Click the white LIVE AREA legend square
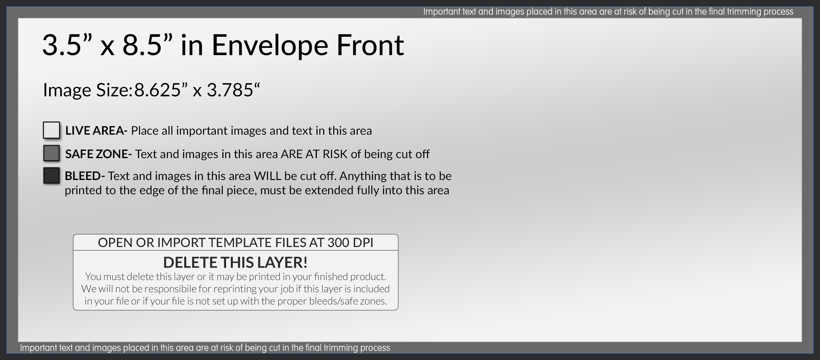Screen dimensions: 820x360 point(51,130)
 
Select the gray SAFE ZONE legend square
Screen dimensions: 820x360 point(51,153)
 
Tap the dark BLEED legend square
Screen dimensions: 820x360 point(51,175)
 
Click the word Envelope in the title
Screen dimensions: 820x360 point(270,46)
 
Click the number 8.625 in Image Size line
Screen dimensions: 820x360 point(157,90)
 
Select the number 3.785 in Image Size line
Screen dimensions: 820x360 point(230,90)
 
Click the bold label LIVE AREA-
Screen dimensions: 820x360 point(96,131)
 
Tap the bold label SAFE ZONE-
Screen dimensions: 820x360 point(98,154)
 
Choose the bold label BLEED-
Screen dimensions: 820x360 point(85,176)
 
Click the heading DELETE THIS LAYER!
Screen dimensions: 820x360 point(235,262)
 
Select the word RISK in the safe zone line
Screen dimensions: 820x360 point(335,154)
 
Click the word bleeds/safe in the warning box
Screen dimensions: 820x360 point(330,301)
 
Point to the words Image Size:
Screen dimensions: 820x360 point(87,90)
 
